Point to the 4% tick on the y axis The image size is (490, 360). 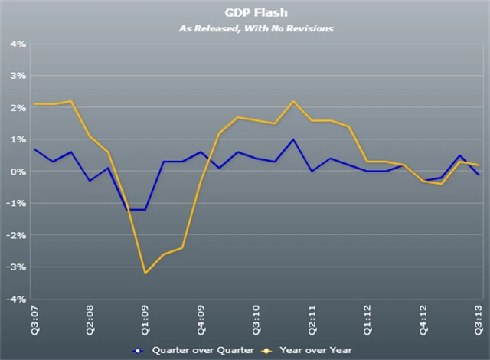tap(19, 44)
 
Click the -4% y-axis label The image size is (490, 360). tap(18, 299)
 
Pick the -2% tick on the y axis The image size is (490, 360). tap(18, 235)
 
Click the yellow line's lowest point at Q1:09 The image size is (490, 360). tap(145, 273)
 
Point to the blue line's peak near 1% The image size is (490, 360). tap(293, 139)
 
